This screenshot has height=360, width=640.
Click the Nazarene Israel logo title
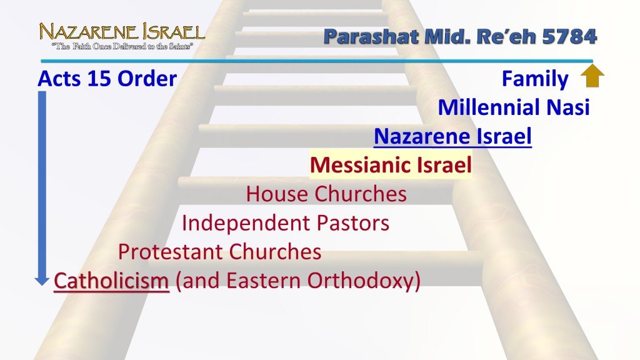click(x=122, y=31)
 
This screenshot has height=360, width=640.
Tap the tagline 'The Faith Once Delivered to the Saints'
click(x=122, y=46)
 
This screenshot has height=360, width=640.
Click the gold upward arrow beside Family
click(x=592, y=77)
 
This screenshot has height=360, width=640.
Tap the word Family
click(x=535, y=79)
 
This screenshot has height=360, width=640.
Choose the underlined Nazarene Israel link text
click(x=452, y=136)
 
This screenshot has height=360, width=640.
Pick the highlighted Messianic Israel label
click(x=391, y=166)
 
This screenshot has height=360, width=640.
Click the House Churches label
click(x=326, y=194)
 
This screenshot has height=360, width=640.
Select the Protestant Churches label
click(x=219, y=252)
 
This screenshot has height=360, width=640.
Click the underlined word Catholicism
click(x=111, y=281)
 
